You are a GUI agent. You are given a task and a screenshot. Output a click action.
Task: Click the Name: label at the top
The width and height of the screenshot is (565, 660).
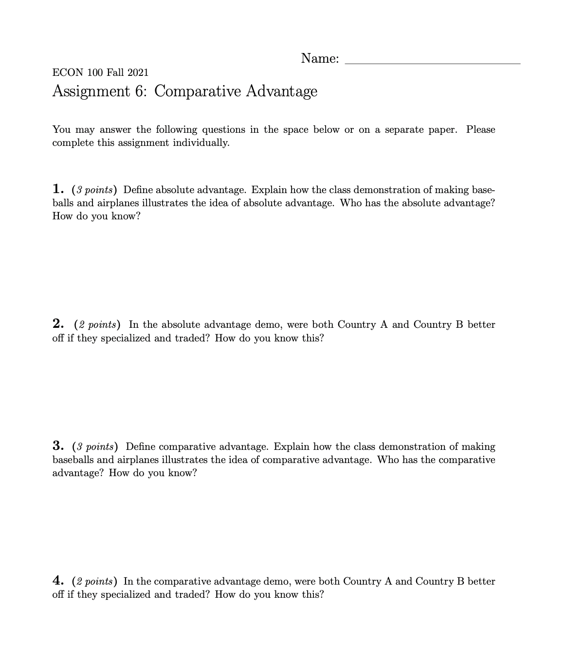pyautogui.click(x=320, y=58)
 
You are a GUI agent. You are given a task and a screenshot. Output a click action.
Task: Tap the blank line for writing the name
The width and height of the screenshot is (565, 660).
pyautogui.click(x=432, y=60)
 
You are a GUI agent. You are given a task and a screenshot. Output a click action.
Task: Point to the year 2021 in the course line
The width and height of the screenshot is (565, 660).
pyautogui.click(x=138, y=73)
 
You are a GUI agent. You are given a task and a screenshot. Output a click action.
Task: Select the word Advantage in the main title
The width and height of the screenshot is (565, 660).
pyautogui.click(x=281, y=91)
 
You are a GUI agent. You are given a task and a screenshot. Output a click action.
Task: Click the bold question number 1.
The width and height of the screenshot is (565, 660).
pyautogui.click(x=58, y=189)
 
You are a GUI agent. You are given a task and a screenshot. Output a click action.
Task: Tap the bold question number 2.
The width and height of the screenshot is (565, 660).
pyautogui.click(x=58, y=324)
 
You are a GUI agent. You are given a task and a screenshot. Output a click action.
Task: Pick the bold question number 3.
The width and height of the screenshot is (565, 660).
pyautogui.click(x=58, y=446)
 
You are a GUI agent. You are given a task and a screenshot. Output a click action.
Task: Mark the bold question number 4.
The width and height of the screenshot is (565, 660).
pyautogui.click(x=58, y=581)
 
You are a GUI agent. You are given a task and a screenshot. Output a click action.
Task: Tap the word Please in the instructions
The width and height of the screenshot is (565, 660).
pyautogui.click(x=480, y=129)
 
